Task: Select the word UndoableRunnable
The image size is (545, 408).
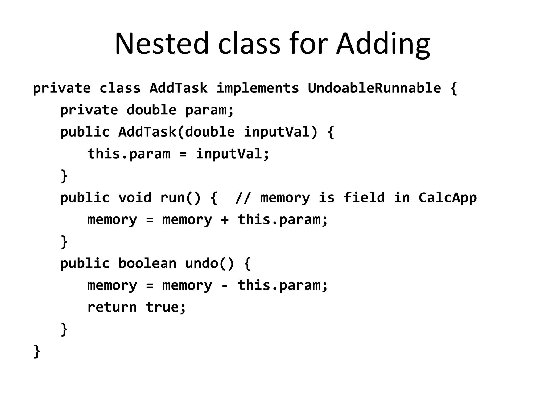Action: [x=374, y=88]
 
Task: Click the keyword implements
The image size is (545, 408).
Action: [x=258, y=88]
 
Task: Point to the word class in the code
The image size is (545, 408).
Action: [x=120, y=88]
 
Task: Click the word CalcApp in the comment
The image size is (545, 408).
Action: [x=447, y=198]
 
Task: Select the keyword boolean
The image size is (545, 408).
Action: [x=147, y=263]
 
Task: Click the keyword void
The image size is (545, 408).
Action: [x=135, y=198]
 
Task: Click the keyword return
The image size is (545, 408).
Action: [x=112, y=307]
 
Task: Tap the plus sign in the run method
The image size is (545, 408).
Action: [x=225, y=220]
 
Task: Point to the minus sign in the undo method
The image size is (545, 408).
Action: [x=225, y=286]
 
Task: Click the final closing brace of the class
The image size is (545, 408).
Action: [x=37, y=351]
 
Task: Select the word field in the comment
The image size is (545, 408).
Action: [x=364, y=198]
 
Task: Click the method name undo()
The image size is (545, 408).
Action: [x=209, y=263]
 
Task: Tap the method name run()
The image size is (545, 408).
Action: [x=180, y=198]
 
